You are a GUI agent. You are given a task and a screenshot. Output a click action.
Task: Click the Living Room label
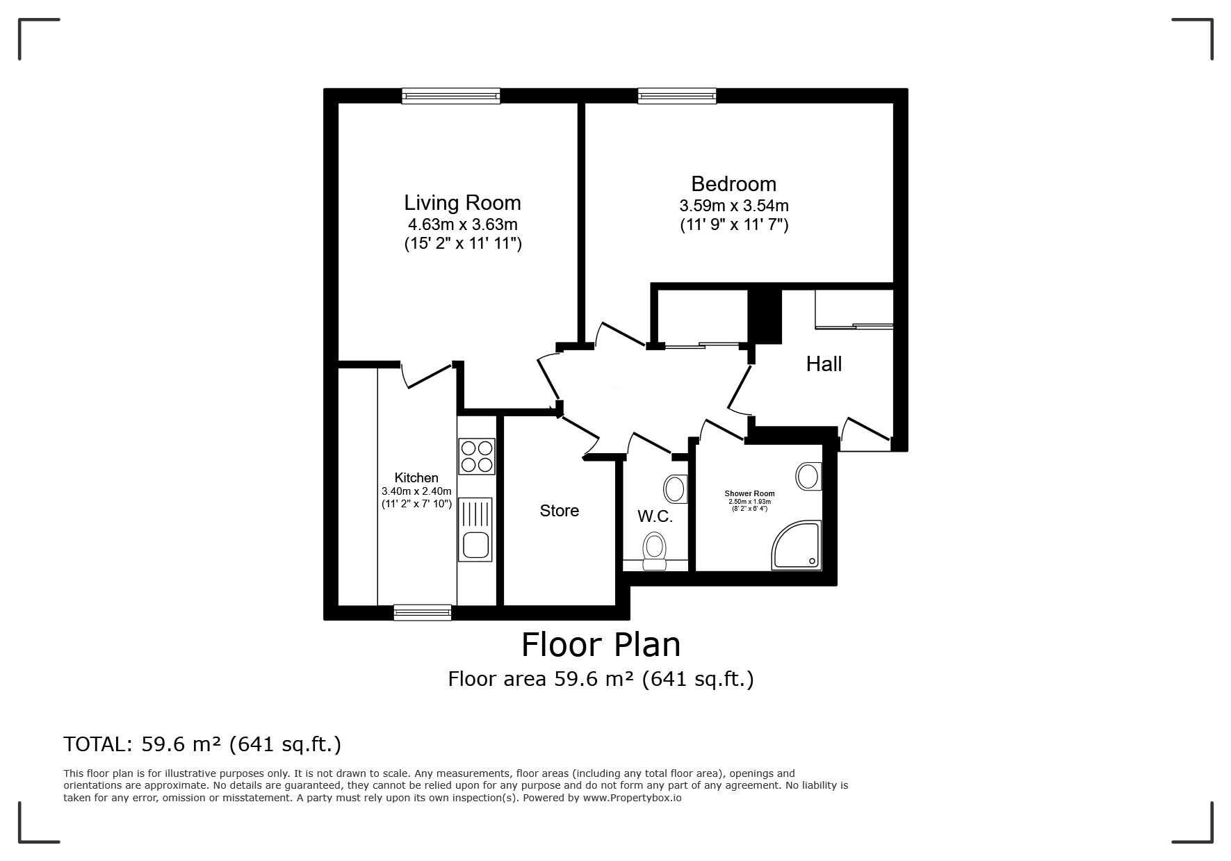[462, 203]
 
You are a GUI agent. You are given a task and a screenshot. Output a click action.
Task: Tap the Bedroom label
[733, 184]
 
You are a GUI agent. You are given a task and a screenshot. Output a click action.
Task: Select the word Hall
[824, 363]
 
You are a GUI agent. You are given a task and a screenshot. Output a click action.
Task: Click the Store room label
[560, 511]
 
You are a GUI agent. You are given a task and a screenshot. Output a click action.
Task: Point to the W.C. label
[655, 517]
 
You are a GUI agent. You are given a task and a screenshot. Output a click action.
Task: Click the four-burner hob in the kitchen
[476, 456]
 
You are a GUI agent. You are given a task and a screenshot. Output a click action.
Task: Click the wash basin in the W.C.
[676, 489]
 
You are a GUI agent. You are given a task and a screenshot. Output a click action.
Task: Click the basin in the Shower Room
[808, 477]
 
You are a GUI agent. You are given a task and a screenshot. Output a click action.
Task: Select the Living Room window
[451, 96]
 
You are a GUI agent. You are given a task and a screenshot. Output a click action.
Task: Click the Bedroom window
[677, 96]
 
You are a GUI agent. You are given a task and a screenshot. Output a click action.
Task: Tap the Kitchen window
[423, 612]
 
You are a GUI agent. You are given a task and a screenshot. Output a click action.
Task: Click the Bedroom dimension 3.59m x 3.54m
[734, 206]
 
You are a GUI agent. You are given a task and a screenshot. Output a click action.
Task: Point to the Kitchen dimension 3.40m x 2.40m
[416, 491]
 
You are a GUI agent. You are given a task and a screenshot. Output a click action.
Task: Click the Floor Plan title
[601, 645]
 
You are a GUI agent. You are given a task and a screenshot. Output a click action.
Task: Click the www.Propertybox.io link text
[632, 798]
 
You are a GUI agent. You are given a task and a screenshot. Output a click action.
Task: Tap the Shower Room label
[749, 493]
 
